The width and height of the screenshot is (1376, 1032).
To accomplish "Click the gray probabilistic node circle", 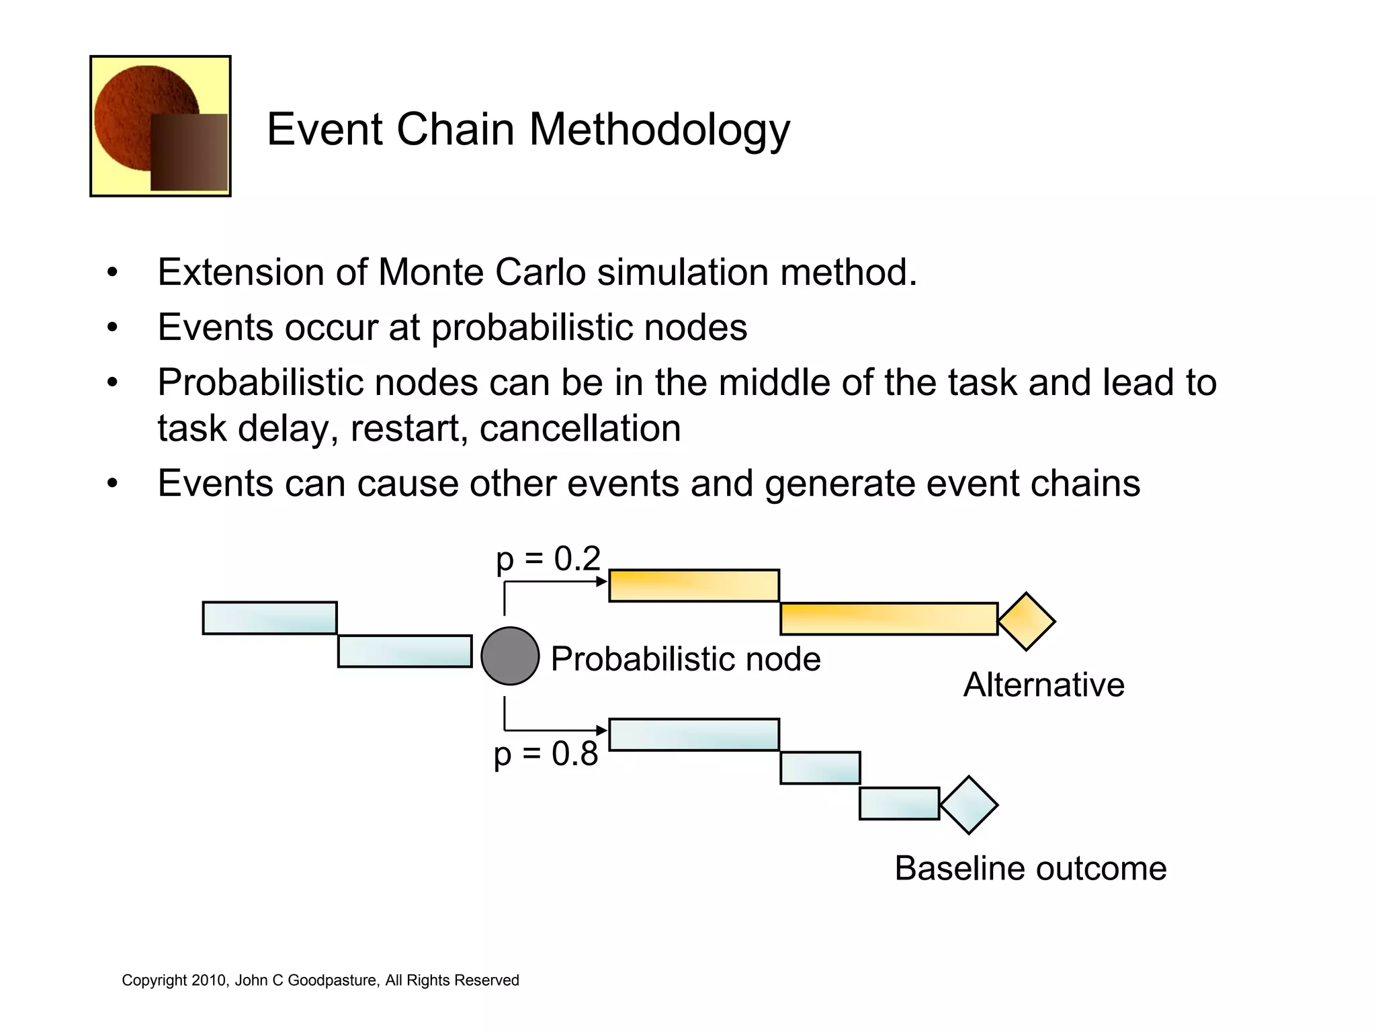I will [x=510, y=656].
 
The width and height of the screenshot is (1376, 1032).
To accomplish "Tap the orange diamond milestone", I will [x=1026, y=621].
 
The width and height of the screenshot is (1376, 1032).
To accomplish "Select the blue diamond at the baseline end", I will [x=968, y=805].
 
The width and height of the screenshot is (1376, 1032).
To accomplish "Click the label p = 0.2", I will [x=548, y=559].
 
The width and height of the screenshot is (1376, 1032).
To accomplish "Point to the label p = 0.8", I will [x=546, y=754].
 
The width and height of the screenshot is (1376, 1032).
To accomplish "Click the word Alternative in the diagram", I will [x=1043, y=685].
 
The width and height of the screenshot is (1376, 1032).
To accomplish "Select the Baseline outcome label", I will [x=1030, y=868].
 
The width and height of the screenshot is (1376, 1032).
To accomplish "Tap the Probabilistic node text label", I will [x=685, y=659].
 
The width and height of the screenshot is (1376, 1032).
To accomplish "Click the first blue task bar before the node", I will [x=269, y=618].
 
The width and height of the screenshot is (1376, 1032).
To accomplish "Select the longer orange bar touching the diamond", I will [x=888, y=619].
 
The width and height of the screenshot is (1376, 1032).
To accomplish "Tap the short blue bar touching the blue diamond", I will [x=899, y=804].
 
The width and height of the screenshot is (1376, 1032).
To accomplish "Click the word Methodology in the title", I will [x=659, y=129].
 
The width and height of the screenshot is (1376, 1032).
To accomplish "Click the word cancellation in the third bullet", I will [x=580, y=429].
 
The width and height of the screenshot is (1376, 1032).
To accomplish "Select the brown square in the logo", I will [x=189, y=153].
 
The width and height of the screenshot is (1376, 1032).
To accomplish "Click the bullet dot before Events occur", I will [x=112, y=328].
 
